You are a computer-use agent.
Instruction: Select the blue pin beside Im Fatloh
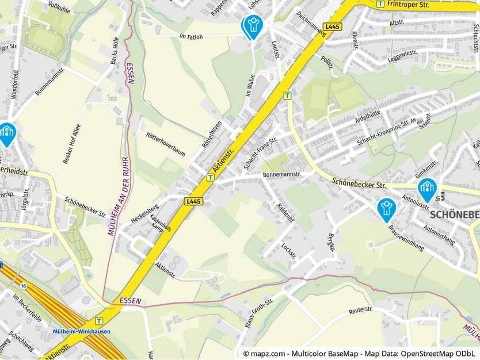click(x=252, y=26)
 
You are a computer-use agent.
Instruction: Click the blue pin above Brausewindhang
click(x=386, y=209)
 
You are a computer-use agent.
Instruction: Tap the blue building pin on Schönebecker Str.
click(x=427, y=189)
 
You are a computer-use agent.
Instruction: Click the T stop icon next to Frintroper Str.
click(x=380, y=3)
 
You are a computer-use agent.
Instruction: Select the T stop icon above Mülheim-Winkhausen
click(x=99, y=321)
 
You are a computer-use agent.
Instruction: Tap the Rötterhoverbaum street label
click(x=166, y=144)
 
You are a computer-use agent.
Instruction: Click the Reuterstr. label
click(x=361, y=311)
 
